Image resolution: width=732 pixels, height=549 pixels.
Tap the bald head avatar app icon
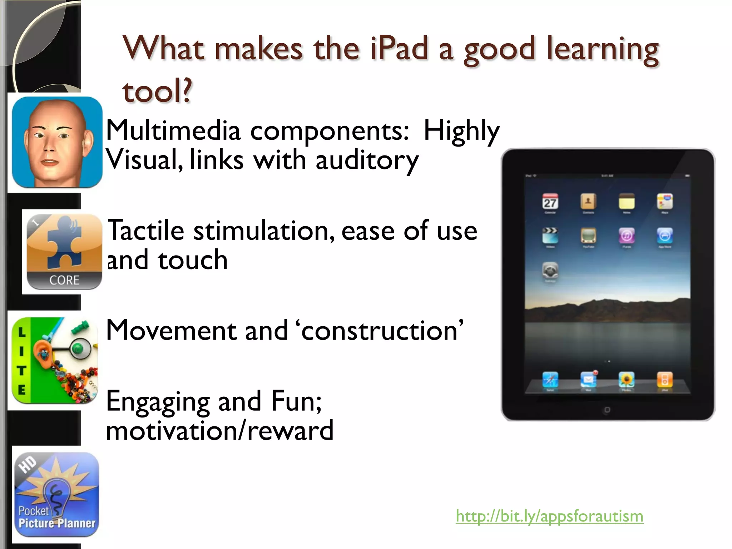(x=57, y=142)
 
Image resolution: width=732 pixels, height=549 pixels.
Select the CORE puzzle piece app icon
(x=64, y=252)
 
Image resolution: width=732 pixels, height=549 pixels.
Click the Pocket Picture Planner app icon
(x=57, y=494)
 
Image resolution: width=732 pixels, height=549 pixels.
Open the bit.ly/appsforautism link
(x=549, y=516)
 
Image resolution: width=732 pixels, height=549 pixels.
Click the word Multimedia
(x=173, y=131)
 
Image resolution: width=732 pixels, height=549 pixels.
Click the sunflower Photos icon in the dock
(x=626, y=380)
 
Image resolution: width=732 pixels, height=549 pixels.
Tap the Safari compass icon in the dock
(x=550, y=380)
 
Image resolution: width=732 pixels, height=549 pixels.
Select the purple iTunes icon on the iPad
(x=626, y=236)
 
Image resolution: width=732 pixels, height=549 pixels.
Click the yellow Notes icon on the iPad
(x=626, y=202)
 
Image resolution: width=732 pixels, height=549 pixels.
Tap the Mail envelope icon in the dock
(x=588, y=380)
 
